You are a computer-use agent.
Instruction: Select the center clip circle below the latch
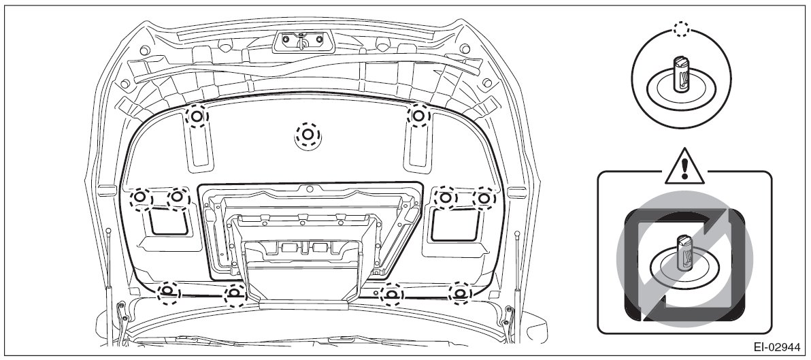[308, 135]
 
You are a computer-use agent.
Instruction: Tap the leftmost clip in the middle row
[138, 197]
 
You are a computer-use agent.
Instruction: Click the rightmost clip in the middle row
[484, 197]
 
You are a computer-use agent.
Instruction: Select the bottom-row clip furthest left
[167, 293]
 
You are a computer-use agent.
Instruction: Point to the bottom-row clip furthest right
[460, 293]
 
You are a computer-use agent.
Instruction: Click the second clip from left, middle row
[177, 197]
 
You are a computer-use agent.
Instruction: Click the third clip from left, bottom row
[391, 294]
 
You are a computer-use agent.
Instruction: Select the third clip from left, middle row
[445, 197]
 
